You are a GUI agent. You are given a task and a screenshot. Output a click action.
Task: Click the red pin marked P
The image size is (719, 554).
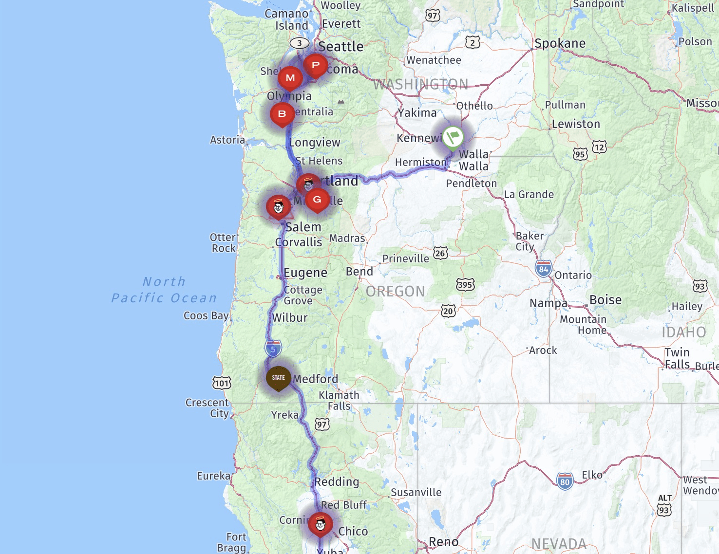[x=316, y=66]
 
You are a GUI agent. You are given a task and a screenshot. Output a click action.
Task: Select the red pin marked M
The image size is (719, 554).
[x=290, y=78]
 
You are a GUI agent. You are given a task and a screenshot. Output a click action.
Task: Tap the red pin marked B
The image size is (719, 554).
[x=282, y=114]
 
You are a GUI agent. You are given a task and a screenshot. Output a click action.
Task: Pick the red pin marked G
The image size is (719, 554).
[x=317, y=200]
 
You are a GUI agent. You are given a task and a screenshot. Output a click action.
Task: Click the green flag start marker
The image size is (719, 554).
[x=453, y=136]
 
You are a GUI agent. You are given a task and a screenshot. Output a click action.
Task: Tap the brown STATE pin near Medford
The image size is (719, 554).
[x=278, y=378]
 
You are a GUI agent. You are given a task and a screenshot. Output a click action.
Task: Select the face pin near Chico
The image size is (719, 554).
[x=320, y=524]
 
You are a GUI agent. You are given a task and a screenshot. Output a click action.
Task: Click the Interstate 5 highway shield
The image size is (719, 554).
[x=273, y=349]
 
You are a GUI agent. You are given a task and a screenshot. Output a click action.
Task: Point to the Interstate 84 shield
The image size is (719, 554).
[x=543, y=269]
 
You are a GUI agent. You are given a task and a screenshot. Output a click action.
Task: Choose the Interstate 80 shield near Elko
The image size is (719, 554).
[x=565, y=482]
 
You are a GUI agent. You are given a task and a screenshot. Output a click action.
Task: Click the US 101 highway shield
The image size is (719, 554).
[x=222, y=383]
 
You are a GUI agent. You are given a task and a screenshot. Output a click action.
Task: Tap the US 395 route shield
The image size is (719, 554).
[x=465, y=285]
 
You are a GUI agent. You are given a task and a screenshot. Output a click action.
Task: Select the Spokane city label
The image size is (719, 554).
[x=560, y=43]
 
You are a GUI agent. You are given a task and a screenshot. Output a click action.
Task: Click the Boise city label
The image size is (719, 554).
[x=605, y=299]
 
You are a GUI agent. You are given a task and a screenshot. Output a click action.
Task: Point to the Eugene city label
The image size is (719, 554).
[x=305, y=273]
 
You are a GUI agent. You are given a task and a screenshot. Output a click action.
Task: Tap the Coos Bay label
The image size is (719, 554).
[x=206, y=315]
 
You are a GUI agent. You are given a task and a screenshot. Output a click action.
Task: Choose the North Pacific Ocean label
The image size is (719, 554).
[x=164, y=290]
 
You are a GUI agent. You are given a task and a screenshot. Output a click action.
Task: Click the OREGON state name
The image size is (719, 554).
[x=396, y=291]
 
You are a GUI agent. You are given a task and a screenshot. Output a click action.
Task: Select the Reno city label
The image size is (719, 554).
[x=443, y=542]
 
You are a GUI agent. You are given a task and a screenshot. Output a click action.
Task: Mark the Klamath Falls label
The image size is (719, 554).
[x=339, y=400]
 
